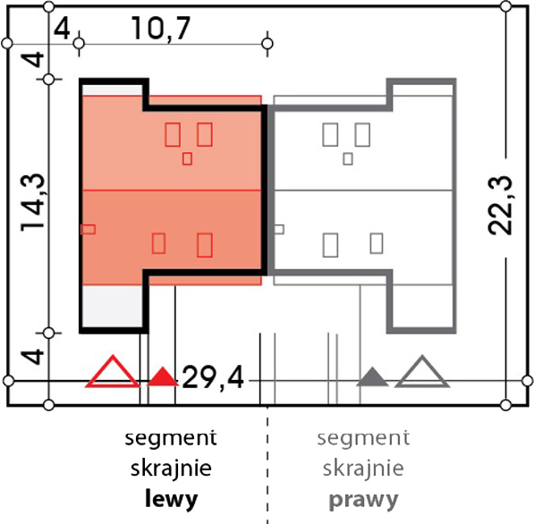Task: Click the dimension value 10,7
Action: point(161,28)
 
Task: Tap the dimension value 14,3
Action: point(33,203)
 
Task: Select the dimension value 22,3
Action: point(500,205)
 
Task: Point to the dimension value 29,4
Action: point(213,377)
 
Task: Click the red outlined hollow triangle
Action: point(113,372)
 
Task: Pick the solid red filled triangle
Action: point(163,376)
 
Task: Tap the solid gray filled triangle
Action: point(372,376)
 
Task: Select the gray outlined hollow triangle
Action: point(422,372)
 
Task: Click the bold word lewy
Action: point(172,500)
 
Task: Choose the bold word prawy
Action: point(363,500)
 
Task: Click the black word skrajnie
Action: point(171,469)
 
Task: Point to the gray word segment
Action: point(363,438)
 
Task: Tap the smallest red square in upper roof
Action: point(187,158)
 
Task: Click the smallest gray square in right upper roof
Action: point(348,158)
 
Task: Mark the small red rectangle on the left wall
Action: point(89,230)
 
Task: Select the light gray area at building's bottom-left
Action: point(113,307)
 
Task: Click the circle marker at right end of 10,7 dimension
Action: point(267,44)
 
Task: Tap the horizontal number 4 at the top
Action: point(62,29)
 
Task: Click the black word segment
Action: point(171,438)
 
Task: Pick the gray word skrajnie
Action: point(363,469)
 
